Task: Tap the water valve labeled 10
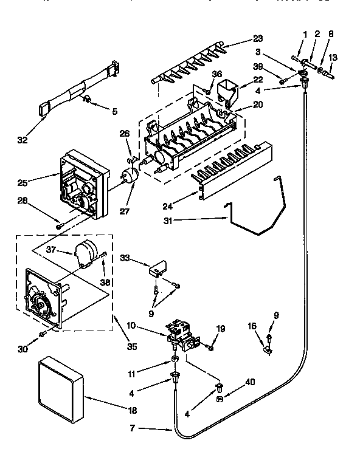183,337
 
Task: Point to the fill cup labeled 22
229,91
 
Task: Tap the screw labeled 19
210,347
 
